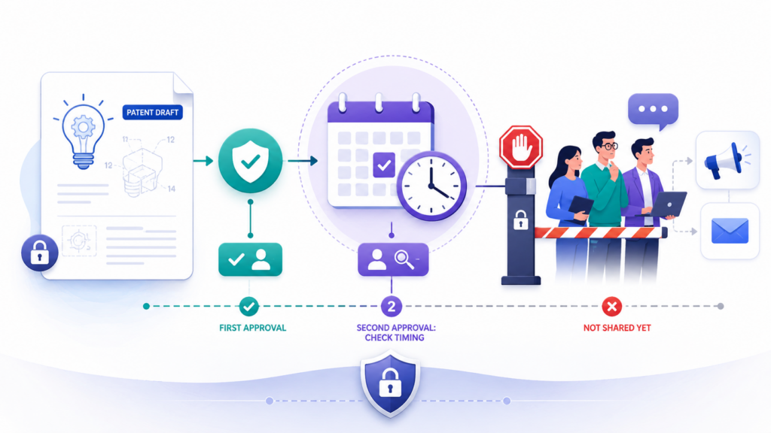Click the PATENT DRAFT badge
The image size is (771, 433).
click(152, 113)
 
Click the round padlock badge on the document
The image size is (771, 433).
click(39, 253)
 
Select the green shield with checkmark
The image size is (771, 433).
click(250, 161)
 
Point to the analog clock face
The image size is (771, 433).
click(431, 186)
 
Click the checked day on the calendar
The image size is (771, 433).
click(383, 165)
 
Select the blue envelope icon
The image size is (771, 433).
click(730, 231)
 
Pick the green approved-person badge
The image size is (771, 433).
click(250, 259)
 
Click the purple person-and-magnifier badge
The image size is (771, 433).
click(393, 259)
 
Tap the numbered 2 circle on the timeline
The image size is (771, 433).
click(392, 307)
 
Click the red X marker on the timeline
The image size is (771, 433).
click(611, 307)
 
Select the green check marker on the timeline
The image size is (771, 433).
click(248, 307)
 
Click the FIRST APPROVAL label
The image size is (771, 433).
click(253, 328)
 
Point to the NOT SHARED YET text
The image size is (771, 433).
click(617, 328)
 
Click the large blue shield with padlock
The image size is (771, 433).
click(391, 383)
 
